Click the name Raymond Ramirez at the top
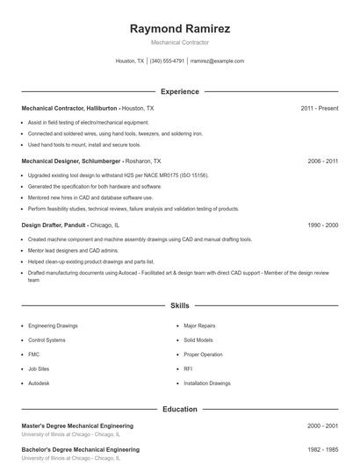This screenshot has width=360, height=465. (x=180, y=28)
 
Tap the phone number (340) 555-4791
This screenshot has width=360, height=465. (x=167, y=61)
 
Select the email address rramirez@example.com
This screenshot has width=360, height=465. (x=217, y=61)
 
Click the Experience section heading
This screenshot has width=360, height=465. (x=180, y=91)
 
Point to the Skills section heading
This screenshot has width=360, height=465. (x=180, y=305)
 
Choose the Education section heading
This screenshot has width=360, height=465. (x=180, y=409)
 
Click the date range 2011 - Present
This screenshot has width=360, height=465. (x=319, y=108)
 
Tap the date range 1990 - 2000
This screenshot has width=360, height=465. (x=322, y=225)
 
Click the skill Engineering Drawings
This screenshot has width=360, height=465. (x=53, y=325)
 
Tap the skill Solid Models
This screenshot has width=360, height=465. (x=198, y=340)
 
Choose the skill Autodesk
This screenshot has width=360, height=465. (x=39, y=383)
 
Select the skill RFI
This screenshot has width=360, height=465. (x=188, y=369)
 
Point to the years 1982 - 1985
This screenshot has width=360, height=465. (x=322, y=449)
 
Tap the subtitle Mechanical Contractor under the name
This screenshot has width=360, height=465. (x=179, y=42)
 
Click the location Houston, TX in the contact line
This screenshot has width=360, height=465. (x=129, y=61)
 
